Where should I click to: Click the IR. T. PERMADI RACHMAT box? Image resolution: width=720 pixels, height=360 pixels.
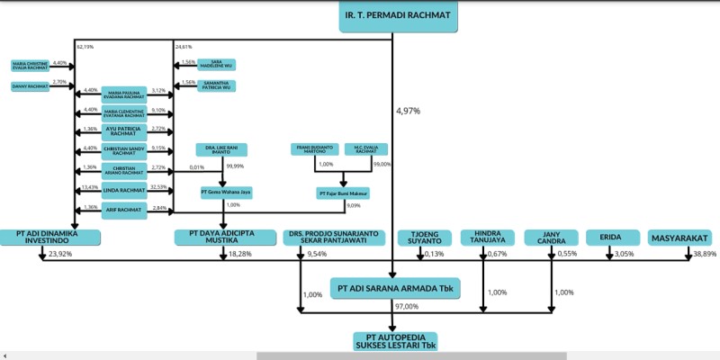[398, 16]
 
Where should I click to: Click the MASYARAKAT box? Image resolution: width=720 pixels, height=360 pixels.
[679, 238]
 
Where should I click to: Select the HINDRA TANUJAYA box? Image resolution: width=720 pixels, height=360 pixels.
[484, 238]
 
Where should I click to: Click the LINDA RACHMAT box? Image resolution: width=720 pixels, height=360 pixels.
[124, 189]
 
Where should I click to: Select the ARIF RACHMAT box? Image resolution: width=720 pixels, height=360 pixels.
[124, 210]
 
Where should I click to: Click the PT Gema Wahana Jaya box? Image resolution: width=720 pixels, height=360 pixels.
[225, 192]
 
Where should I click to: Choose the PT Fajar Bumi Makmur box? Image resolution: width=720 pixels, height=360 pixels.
[343, 193]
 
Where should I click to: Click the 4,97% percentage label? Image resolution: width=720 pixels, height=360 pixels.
[408, 111]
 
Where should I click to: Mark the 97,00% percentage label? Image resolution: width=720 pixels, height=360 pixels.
[407, 307]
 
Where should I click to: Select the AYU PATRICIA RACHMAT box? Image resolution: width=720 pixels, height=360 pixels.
[124, 131]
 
